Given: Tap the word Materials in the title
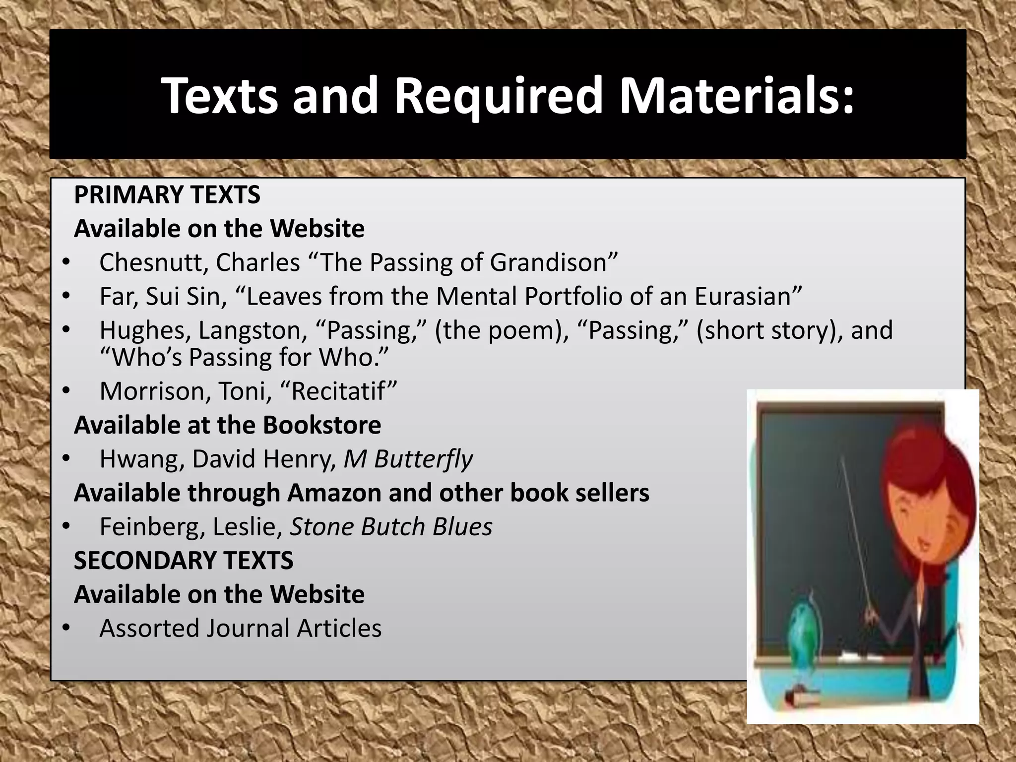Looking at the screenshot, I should (x=737, y=95).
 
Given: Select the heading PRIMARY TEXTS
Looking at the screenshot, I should (x=167, y=194).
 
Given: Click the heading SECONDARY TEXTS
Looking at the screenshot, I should (x=184, y=561).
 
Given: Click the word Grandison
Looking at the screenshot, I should (x=554, y=262).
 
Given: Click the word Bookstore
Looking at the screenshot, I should (x=322, y=425).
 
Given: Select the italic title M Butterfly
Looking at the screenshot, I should (x=408, y=459).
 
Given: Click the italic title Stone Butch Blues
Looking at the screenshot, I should (x=391, y=527).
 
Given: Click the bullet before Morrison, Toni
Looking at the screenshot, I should (x=66, y=391).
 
